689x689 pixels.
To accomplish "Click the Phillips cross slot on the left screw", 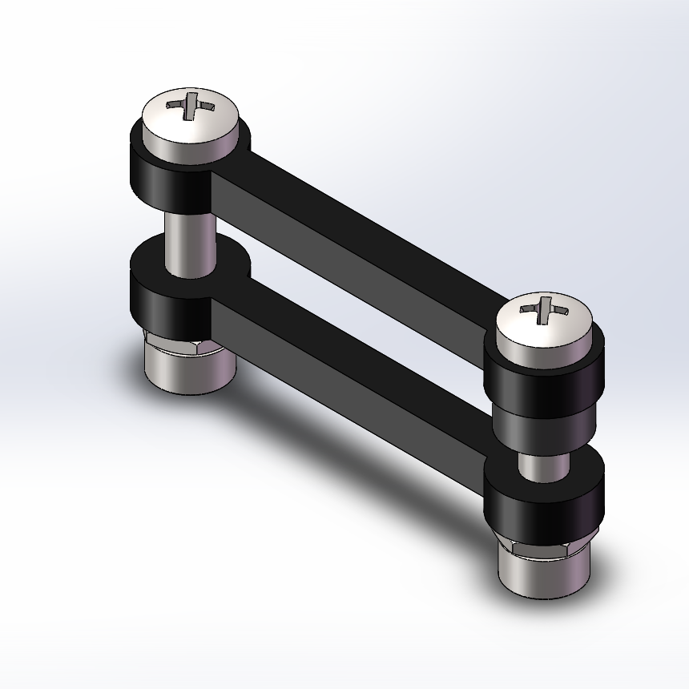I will point(191,105).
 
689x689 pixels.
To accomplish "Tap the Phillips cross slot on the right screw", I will point(545,308).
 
